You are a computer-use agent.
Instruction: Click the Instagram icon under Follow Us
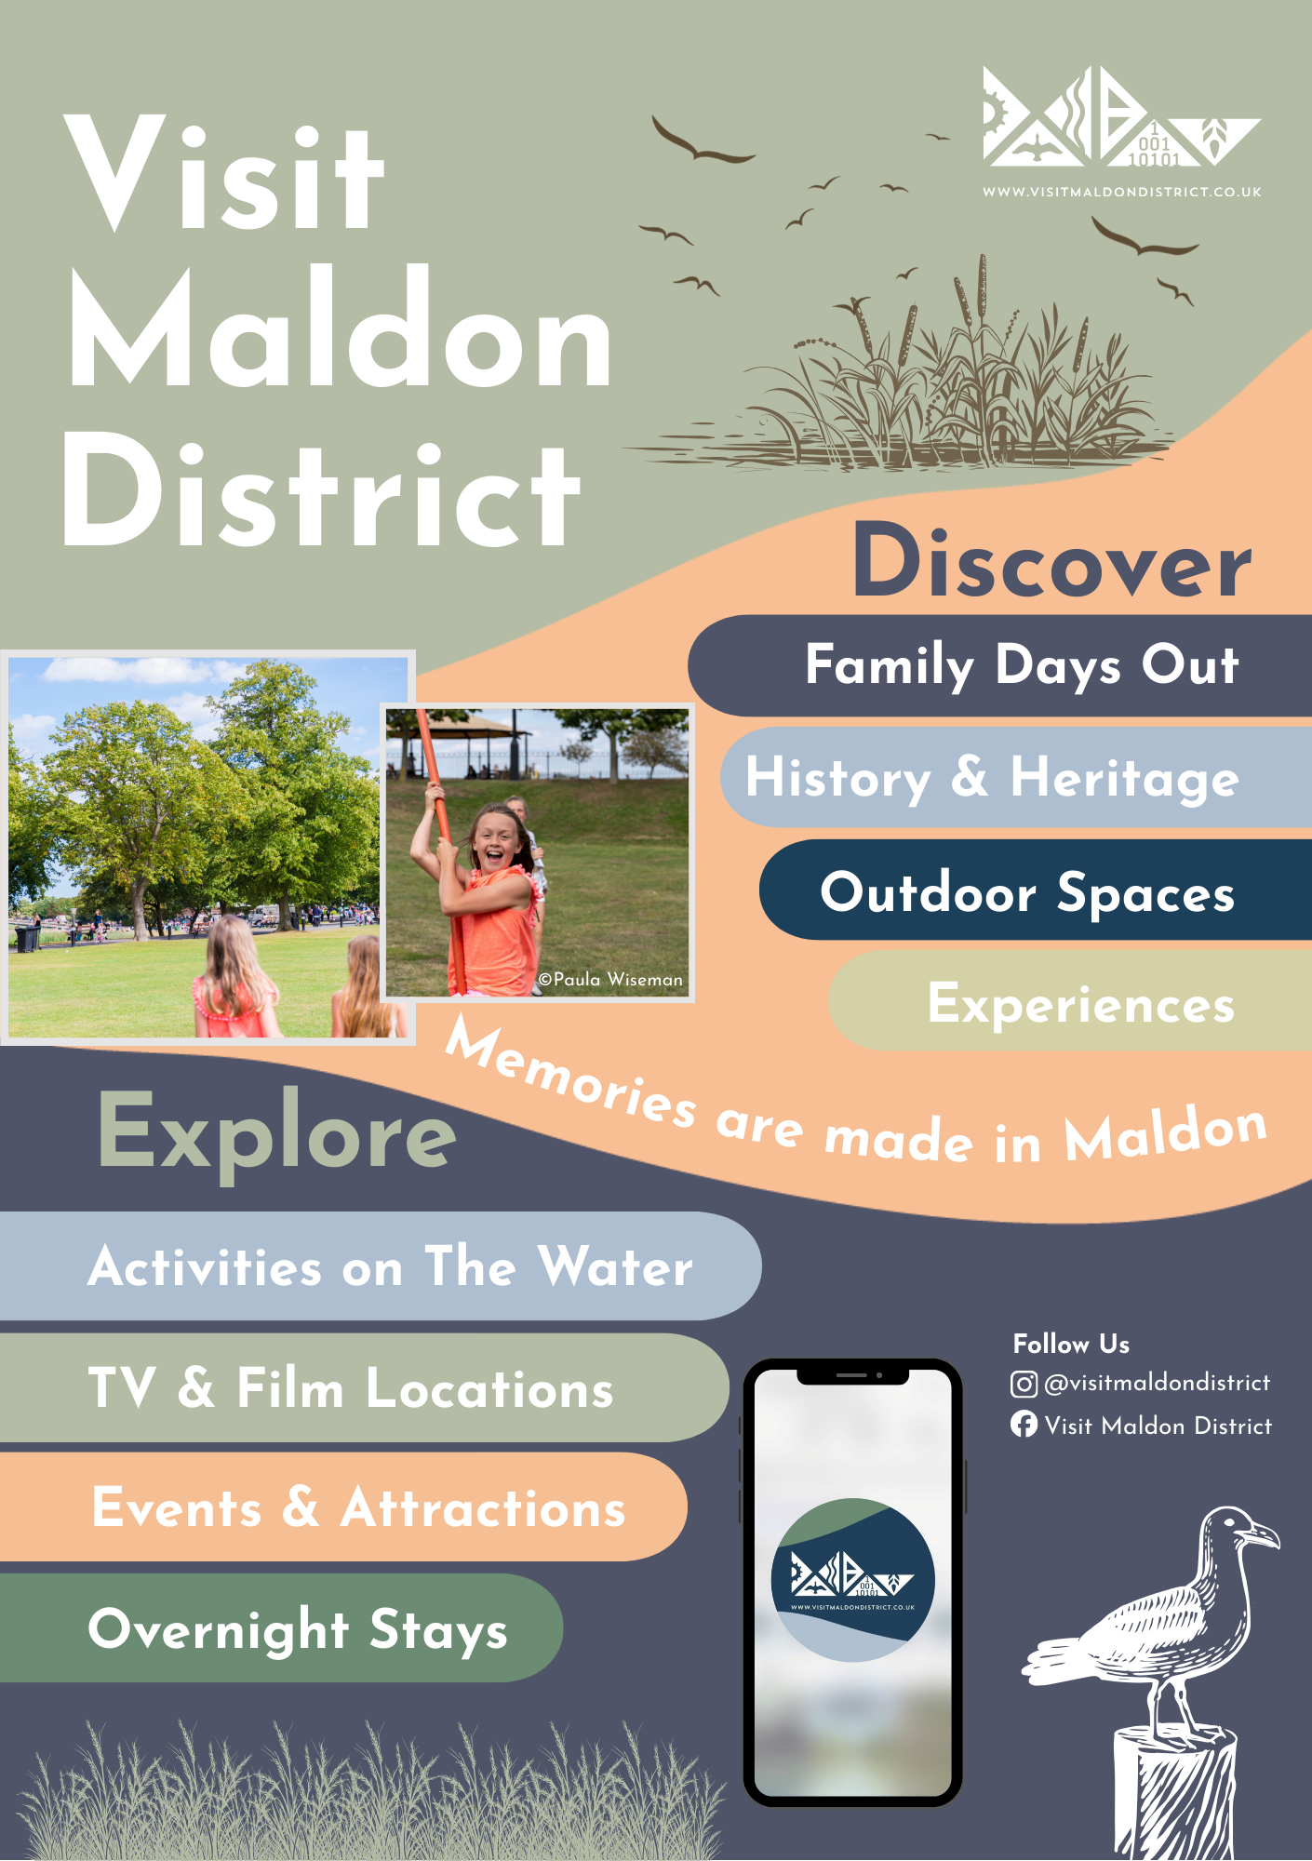click(1024, 1385)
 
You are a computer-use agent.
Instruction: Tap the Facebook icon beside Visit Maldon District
click(1024, 1425)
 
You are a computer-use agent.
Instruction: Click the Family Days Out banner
click(1000, 665)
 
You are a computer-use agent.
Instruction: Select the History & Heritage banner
click(1016, 778)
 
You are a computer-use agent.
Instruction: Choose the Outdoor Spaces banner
click(1036, 890)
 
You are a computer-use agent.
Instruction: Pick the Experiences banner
click(1070, 1002)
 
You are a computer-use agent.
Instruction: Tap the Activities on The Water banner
click(381, 1265)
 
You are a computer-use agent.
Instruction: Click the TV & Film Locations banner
click(365, 1387)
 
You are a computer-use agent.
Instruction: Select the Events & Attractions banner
click(344, 1507)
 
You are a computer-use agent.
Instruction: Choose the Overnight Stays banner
click(281, 1628)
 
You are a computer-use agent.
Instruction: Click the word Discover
click(1052, 561)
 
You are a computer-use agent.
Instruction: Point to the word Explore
click(277, 1132)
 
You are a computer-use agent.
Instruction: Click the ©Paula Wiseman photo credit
click(610, 980)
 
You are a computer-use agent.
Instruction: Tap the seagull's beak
click(1264, 1535)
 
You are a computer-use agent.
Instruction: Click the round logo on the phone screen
click(852, 1580)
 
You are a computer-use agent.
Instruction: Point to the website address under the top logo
click(1122, 193)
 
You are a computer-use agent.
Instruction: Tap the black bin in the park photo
click(27, 938)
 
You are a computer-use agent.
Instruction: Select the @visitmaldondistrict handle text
click(1158, 1384)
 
